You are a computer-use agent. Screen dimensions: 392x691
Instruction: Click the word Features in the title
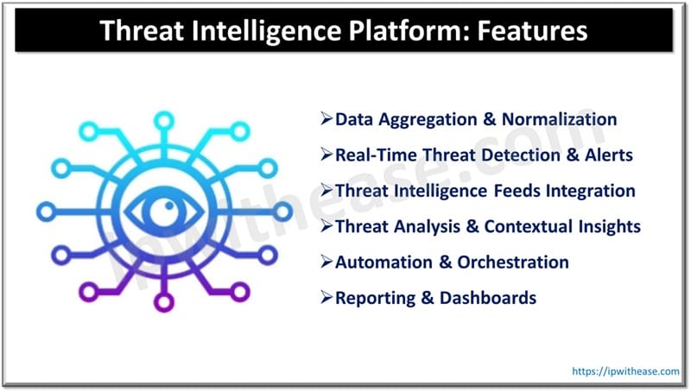click(x=528, y=31)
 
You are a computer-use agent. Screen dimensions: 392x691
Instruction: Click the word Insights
click(x=610, y=226)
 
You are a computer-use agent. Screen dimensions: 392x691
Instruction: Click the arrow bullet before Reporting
click(x=326, y=298)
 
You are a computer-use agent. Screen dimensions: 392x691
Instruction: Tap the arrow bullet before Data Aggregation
click(x=326, y=119)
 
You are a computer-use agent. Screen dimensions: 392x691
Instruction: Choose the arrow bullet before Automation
click(x=326, y=262)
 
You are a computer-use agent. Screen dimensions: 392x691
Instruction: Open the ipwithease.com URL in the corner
click(x=624, y=370)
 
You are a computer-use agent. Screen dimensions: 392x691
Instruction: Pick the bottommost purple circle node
click(x=162, y=303)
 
